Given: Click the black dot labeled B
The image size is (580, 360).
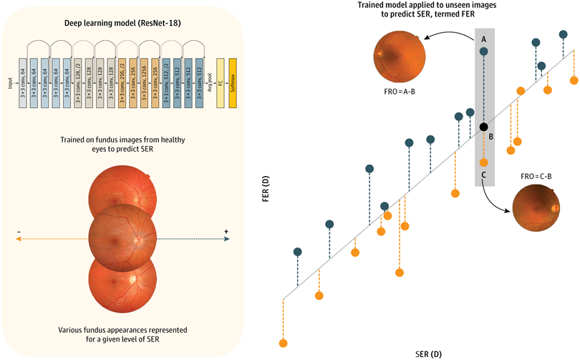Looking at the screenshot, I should click(x=484, y=127).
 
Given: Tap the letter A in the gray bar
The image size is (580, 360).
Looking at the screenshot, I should click(x=484, y=38).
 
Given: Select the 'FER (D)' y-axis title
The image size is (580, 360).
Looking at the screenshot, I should click(x=266, y=194).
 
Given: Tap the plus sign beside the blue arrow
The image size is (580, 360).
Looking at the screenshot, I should click(x=226, y=231).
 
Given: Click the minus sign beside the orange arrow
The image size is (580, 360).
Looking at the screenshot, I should click(x=19, y=231).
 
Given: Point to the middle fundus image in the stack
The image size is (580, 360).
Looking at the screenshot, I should click(x=122, y=230).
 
